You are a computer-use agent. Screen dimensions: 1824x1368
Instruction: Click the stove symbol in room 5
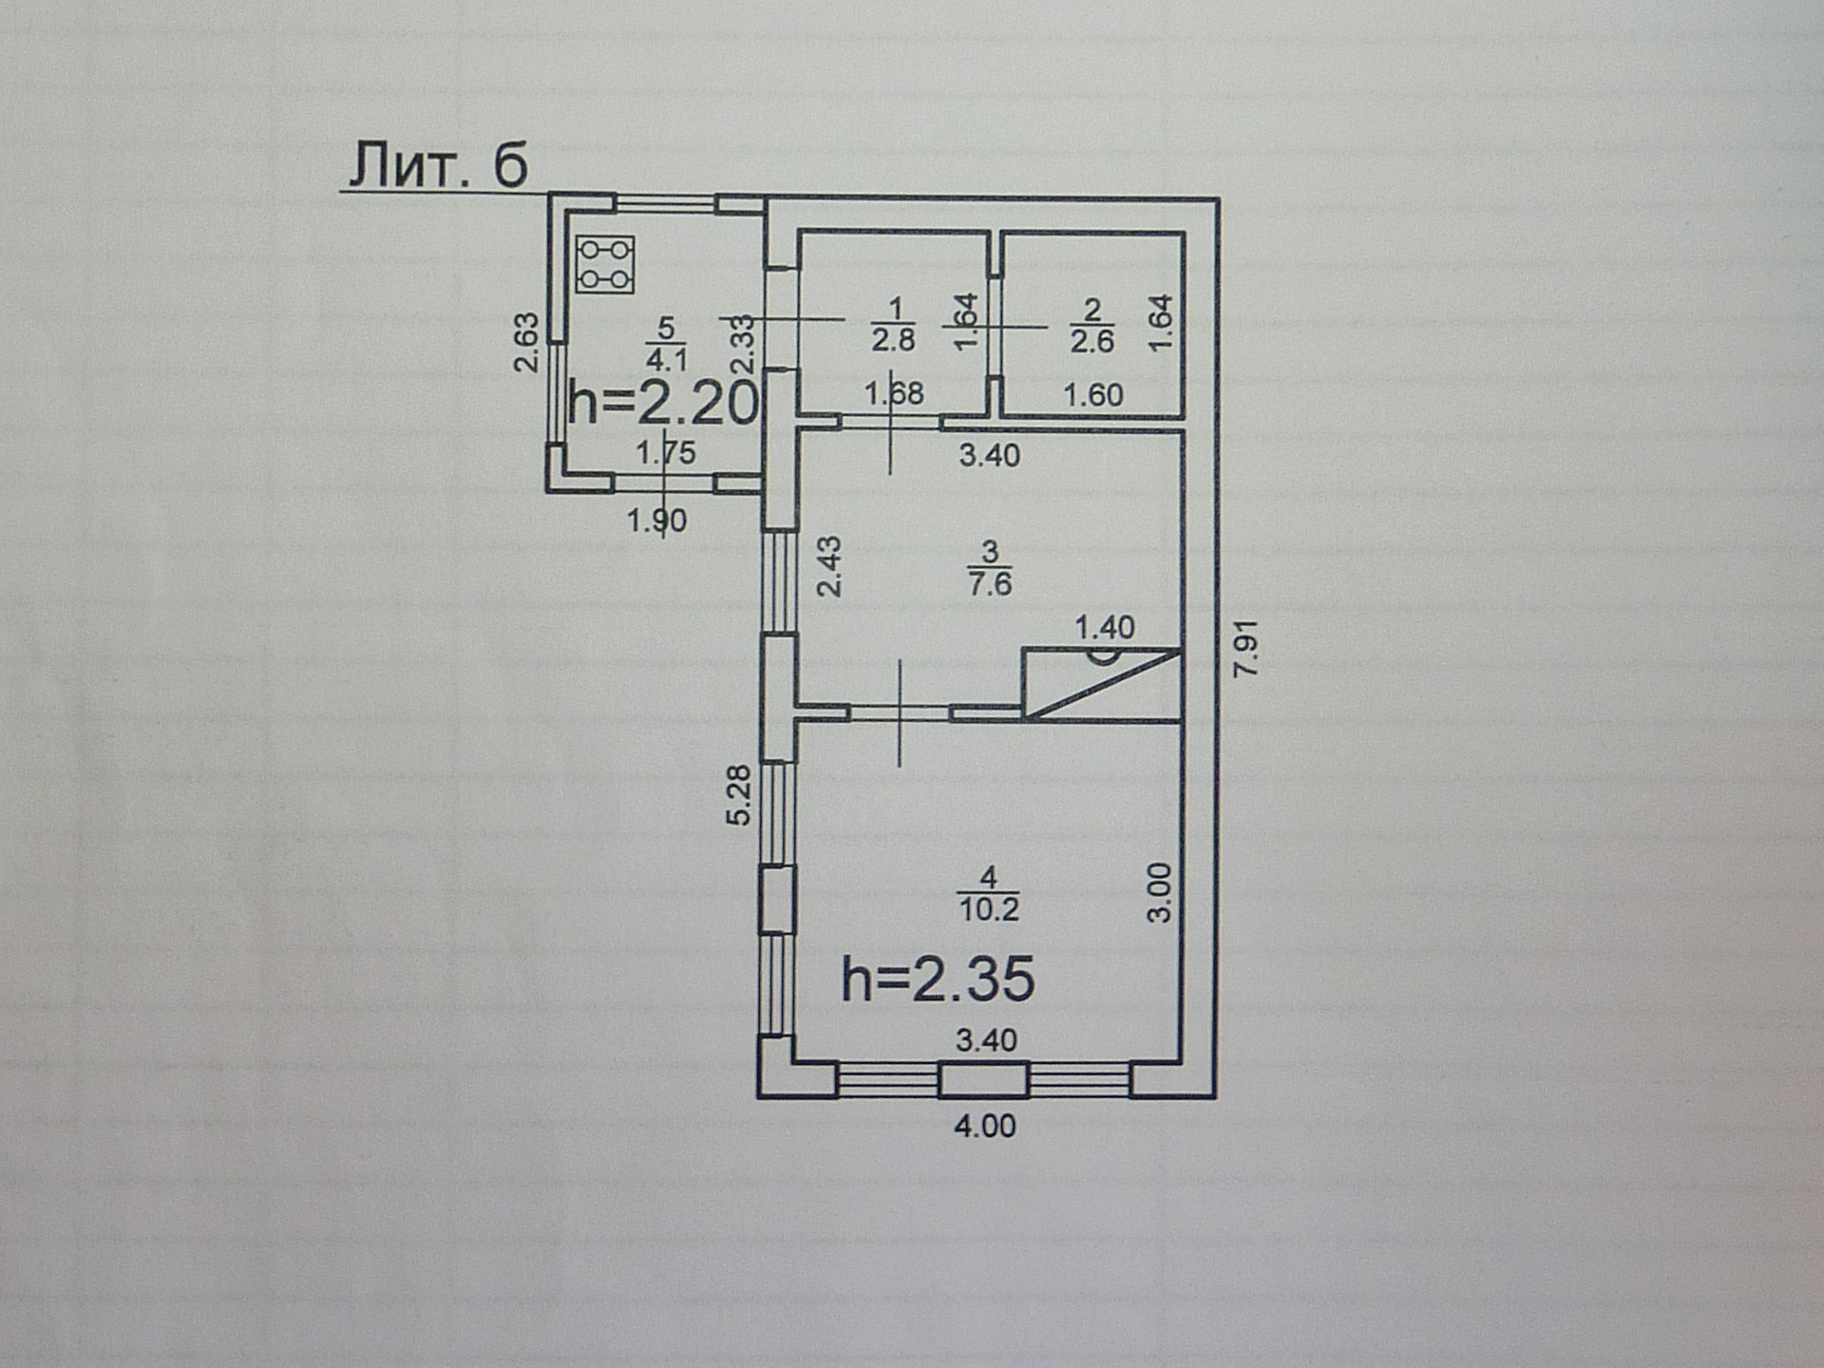point(605,265)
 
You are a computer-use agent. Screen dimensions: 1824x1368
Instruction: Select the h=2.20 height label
point(663,403)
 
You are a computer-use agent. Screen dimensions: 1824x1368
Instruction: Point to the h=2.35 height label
point(938,979)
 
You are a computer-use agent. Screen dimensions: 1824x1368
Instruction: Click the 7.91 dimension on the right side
point(1245,648)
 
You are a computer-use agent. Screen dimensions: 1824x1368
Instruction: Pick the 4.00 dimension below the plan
point(985,1126)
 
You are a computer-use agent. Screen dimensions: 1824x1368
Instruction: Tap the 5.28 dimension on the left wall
point(739,795)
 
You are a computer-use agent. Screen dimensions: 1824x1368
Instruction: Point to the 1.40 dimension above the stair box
point(1105,627)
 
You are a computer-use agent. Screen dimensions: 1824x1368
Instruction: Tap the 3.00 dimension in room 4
point(1161,893)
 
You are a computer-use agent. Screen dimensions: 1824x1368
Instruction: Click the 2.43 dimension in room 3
point(830,567)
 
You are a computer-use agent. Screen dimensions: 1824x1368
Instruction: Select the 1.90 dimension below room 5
point(656,521)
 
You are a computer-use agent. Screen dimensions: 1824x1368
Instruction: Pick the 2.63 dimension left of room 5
point(526,343)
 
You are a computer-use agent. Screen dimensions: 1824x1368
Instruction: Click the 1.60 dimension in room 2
point(1092,394)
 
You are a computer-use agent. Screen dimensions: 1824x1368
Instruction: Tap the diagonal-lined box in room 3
point(1101,684)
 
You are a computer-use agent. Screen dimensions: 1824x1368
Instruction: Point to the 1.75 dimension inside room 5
point(666,452)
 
